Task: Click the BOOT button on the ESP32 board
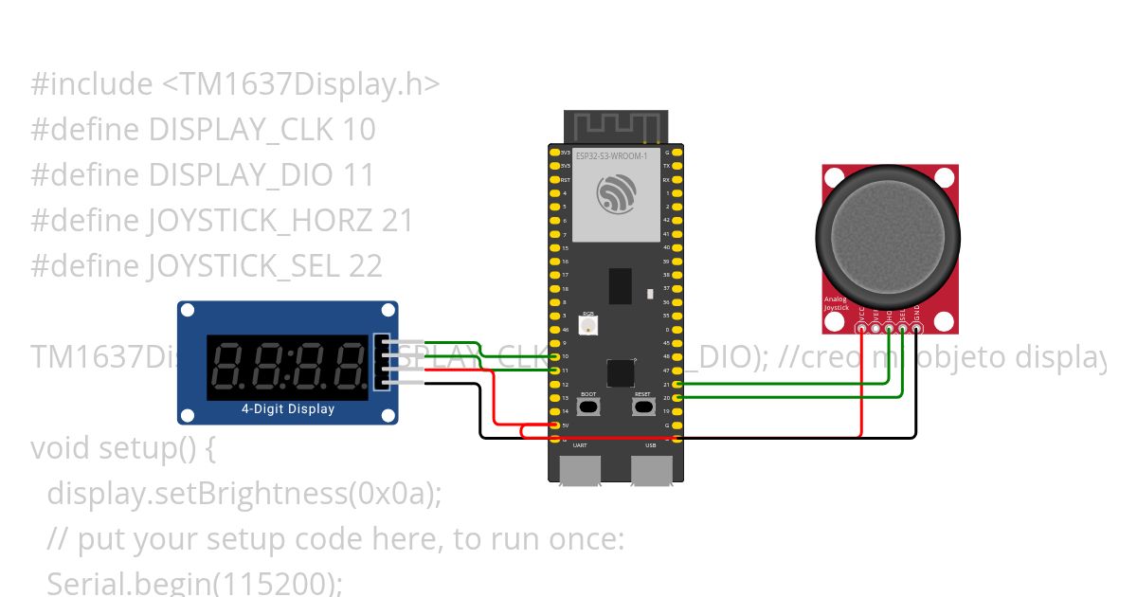click(x=588, y=407)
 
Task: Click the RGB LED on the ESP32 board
click(x=588, y=325)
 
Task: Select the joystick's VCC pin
click(x=861, y=329)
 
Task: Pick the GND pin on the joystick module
click(x=916, y=329)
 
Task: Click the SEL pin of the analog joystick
click(x=903, y=329)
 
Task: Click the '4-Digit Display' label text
click(x=288, y=409)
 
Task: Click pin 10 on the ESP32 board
click(x=554, y=356)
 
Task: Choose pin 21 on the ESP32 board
click(x=677, y=384)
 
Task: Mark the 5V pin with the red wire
click(x=554, y=426)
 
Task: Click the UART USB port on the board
click(x=580, y=469)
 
